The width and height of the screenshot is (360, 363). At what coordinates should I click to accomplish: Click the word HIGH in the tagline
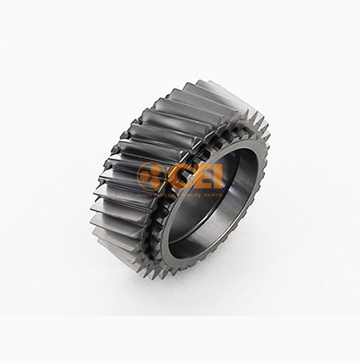click(144, 195)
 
